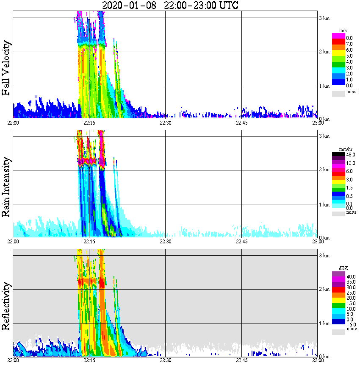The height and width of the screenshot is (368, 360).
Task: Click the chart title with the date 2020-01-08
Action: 170,5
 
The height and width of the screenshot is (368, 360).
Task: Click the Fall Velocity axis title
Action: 6,68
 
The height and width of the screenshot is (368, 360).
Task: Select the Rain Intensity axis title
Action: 6,187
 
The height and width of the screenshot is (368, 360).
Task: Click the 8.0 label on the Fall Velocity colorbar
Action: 350,38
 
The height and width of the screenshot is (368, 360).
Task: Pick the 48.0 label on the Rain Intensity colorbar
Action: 351,155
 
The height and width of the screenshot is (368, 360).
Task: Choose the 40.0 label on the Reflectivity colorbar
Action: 351,276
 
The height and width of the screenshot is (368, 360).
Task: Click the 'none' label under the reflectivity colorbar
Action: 352,329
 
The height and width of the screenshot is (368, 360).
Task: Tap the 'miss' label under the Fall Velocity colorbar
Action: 352,92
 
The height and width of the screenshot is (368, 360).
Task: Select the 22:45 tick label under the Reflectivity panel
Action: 241,360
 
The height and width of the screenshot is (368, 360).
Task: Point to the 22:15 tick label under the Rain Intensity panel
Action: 89,242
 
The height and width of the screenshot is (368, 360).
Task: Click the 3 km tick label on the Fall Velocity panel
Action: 324,18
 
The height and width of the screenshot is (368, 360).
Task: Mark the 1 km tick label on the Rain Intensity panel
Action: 324,205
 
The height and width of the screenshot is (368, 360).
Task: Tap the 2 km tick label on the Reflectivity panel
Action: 324,290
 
